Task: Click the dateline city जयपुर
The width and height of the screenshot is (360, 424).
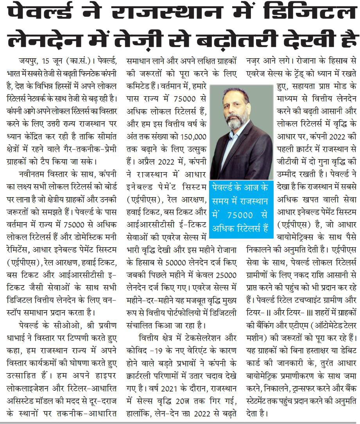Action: point(29,61)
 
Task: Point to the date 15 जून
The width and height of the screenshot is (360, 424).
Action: point(57,61)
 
